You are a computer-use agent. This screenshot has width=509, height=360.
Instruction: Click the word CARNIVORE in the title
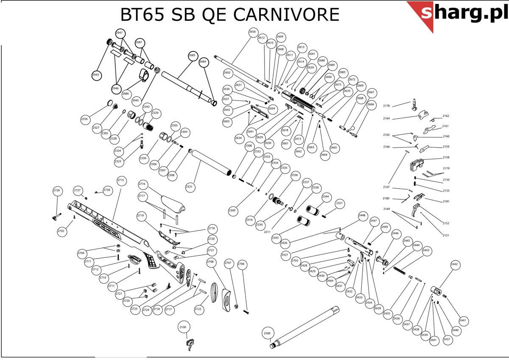[286, 15]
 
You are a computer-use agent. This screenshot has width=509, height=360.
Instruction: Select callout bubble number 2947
[119, 33]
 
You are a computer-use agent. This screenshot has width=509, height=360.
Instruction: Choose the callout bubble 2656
[253, 32]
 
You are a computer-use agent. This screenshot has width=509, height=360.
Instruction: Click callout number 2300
[267, 334]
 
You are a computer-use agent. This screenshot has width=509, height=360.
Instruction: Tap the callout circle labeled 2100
[183, 327]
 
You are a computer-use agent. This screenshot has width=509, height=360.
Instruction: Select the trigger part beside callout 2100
[190, 343]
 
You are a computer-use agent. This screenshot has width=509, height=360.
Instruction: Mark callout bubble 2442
[455, 264]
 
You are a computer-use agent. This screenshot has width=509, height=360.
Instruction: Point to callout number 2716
[142, 184]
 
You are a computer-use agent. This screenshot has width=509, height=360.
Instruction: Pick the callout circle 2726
[57, 190]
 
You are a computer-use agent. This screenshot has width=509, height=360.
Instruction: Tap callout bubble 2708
[210, 262]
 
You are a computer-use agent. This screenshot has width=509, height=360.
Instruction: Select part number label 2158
[446, 157]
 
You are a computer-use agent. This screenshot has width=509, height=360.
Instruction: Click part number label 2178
[386, 106]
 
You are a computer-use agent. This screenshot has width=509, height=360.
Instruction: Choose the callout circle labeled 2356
[84, 119]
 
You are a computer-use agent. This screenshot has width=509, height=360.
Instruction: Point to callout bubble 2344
[326, 197]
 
